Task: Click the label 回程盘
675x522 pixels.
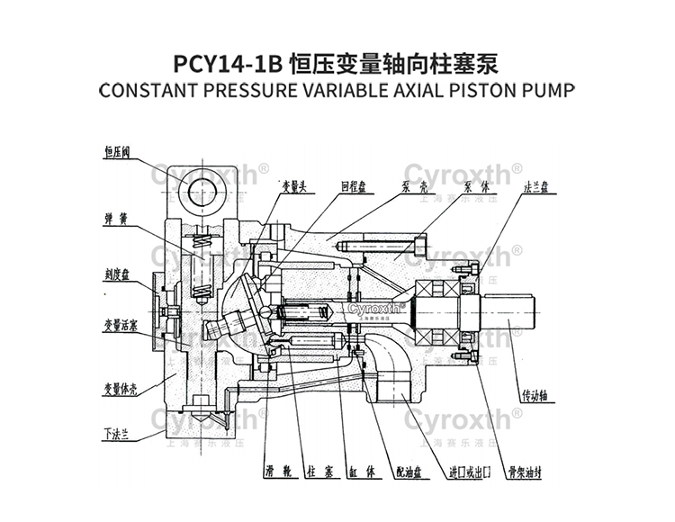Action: [352, 188]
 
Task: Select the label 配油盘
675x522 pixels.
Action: [407, 471]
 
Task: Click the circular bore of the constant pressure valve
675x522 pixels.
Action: [202, 190]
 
